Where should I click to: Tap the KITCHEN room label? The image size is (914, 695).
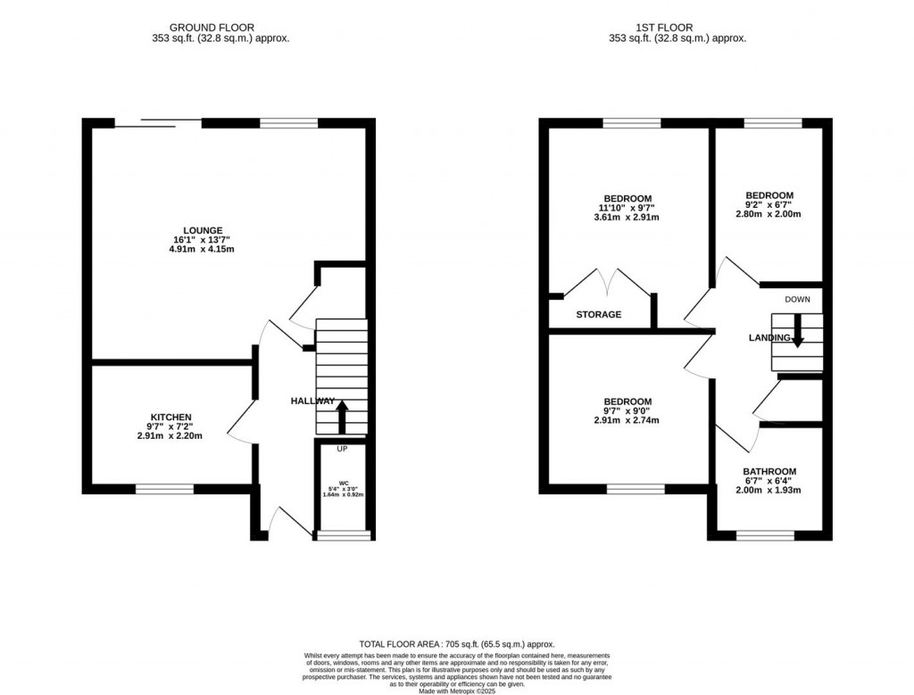click(x=171, y=417)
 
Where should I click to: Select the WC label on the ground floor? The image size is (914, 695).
click(x=344, y=483)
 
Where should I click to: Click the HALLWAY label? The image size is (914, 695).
click(x=312, y=401)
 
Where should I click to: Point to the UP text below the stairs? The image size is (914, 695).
click(x=342, y=449)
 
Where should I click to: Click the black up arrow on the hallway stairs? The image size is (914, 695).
click(x=341, y=417)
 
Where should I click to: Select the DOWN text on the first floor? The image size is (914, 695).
click(x=798, y=300)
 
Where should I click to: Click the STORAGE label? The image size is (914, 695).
click(x=599, y=315)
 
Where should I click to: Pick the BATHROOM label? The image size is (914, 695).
click(x=769, y=471)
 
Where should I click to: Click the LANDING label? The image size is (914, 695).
click(x=769, y=338)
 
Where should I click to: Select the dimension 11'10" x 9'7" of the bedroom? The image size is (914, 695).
click(x=627, y=207)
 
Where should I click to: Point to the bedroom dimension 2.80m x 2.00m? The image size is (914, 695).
click(x=769, y=214)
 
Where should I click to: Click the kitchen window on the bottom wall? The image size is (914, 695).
click(x=164, y=488)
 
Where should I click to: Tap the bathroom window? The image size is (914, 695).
click(x=765, y=535)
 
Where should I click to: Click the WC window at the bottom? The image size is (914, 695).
click(x=344, y=535)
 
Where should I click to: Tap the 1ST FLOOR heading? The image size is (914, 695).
click(x=677, y=28)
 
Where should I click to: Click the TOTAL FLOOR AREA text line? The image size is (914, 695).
click(x=456, y=644)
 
